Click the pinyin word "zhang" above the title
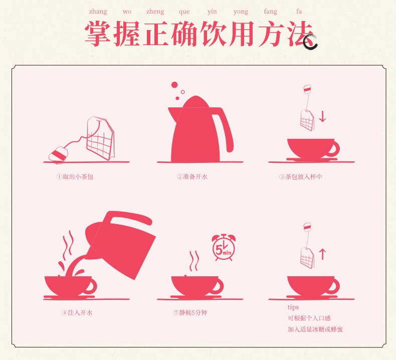(x=98, y=12)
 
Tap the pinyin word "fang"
(x=271, y=12)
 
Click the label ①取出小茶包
(x=75, y=176)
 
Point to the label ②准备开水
(x=192, y=176)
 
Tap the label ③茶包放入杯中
(x=301, y=176)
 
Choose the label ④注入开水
(x=77, y=313)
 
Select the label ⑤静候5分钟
(x=190, y=313)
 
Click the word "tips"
(x=293, y=307)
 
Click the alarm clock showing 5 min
(x=224, y=248)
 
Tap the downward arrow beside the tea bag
(x=322, y=117)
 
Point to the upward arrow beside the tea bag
(x=322, y=254)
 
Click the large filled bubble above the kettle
(x=174, y=85)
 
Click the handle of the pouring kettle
(x=131, y=218)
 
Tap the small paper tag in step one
(x=58, y=154)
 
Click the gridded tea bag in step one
(x=101, y=138)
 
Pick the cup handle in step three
(x=334, y=148)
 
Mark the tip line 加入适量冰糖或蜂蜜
(x=315, y=329)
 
